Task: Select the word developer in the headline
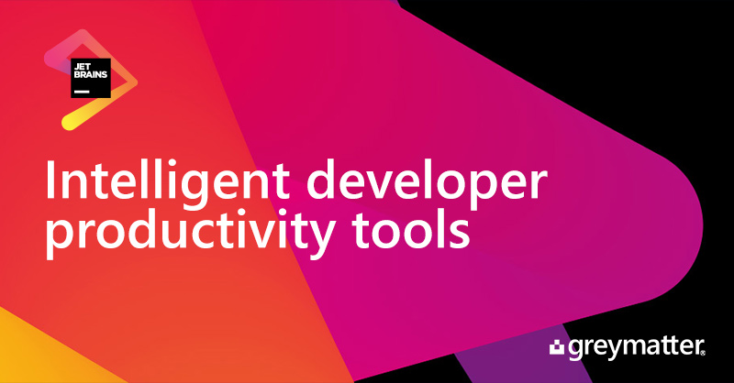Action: (x=427, y=183)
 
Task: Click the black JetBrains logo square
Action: (x=91, y=78)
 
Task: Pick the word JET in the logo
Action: (x=82, y=67)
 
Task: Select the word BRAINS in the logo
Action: (x=91, y=74)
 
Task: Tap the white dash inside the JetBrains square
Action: (x=82, y=92)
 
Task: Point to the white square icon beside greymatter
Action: (x=557, y=348)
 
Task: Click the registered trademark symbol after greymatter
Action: (x=702, y=354)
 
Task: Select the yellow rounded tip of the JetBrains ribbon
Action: (x=68, y=123)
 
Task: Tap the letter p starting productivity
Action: (x=59, y=239)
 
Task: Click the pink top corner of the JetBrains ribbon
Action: (x=83, y=35)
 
